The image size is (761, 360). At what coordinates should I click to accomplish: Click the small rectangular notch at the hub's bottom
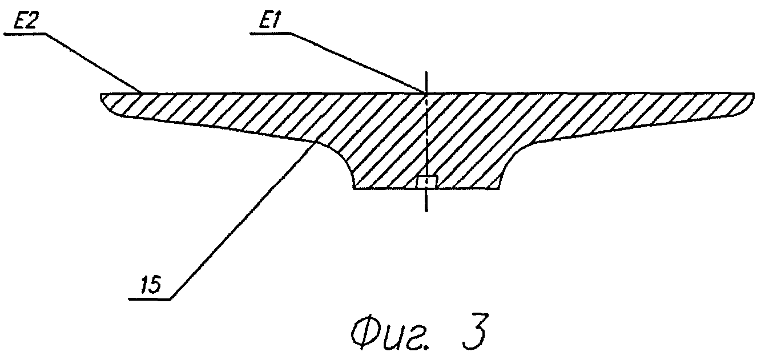[426, 182]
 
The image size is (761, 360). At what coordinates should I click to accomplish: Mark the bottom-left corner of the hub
[353, 188]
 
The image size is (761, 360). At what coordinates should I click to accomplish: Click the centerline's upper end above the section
[426, 74]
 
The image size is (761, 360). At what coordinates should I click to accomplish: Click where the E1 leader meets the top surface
[425, 92]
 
